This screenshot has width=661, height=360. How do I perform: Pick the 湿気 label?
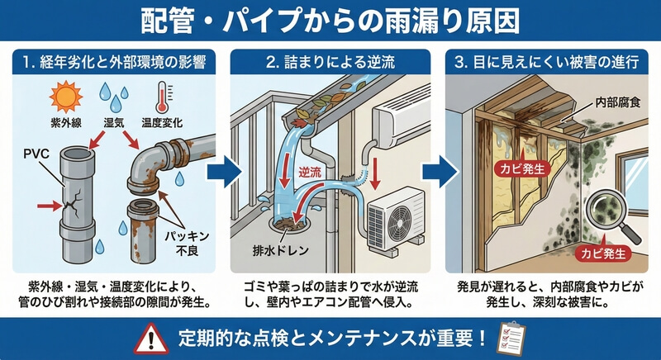pos(109,121)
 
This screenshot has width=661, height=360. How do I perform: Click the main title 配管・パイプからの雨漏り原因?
pos(330,20)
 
